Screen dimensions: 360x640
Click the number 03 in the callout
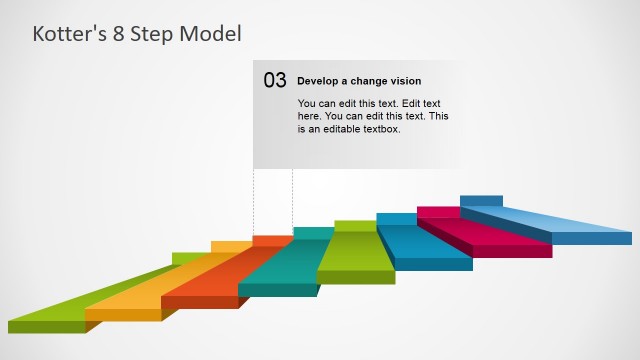pos(275,81)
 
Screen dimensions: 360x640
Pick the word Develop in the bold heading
pos(320,81)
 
